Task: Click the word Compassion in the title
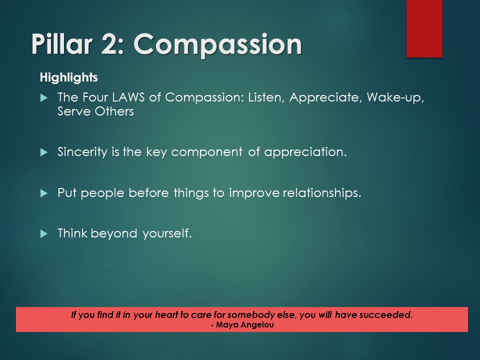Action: point(218,45)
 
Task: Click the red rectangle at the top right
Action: point(424,28)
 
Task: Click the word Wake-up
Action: point(395,97)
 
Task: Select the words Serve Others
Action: point(95,111)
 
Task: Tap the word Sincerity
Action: point(81,152)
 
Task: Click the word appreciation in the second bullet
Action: point(305,152)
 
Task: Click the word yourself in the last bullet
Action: point(167,233)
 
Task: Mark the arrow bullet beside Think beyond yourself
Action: point(43,233)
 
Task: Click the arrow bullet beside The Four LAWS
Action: point(43,97)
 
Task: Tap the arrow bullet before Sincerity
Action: point(43,152)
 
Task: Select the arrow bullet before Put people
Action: point(43,192)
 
